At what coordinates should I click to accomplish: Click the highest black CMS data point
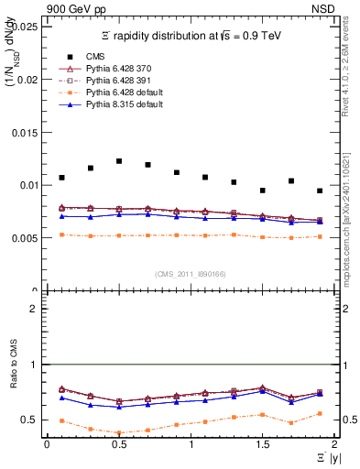pyautogui.click(x=119, y=161)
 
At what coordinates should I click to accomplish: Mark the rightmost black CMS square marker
pyautogui.click(x=320, y=191)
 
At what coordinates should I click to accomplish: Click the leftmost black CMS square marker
pyautogui.click(x=61, y=178)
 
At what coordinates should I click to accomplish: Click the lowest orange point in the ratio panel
pyautogui.click(x=119, y=433)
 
